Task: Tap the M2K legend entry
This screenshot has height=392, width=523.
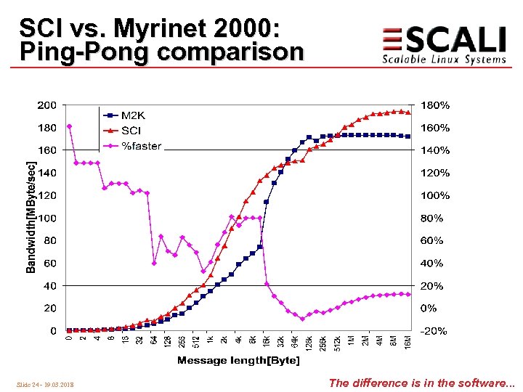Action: click(132, 115)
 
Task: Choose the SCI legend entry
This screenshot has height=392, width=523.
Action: click(131, 130)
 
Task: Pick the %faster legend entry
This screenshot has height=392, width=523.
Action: click(141, 146)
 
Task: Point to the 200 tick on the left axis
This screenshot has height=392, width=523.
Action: click(46, 105)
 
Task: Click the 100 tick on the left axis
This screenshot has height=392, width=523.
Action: click(46, 218)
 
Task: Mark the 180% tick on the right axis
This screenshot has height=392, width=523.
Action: click(434, 105)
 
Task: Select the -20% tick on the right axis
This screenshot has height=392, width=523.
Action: click(434, 331)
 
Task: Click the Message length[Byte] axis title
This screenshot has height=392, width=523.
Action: click(238, 361)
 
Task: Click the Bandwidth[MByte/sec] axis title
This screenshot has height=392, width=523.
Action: click(31, 218)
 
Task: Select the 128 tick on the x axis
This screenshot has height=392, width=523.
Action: click(168, 342)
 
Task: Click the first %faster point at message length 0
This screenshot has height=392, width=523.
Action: click(69, 126)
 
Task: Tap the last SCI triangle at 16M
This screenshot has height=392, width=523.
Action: click(408, 113)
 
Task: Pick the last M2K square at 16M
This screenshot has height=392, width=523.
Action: click(408, 136)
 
